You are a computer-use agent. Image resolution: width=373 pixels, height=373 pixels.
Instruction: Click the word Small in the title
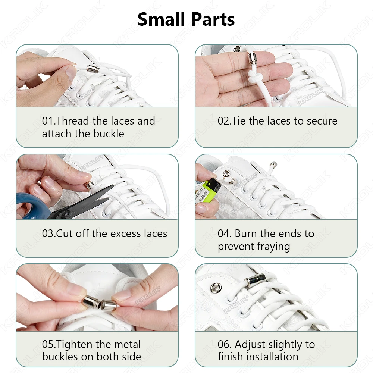(x=161, y=19)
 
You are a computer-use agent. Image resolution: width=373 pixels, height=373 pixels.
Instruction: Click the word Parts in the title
(x=213, y=19)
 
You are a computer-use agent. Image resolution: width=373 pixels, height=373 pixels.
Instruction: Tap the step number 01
(x=48, y=121)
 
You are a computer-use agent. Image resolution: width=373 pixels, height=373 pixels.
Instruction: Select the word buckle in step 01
(x=109, y=134)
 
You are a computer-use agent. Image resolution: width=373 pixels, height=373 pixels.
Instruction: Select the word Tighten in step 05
(x=75, y=344)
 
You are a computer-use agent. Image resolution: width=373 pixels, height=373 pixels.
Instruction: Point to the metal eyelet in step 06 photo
(x=216, y=288)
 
